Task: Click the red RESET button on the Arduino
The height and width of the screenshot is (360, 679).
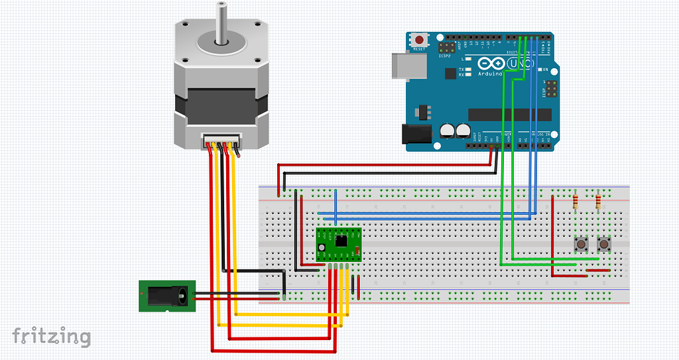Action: point(419,40)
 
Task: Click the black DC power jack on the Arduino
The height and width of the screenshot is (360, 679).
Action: point(418,134)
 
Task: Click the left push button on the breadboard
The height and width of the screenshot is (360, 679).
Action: point(582,245)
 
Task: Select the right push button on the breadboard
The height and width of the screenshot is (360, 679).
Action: point(604,245)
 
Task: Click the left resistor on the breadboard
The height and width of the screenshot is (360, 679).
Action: point(575,201)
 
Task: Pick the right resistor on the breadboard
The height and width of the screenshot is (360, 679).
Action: point(599,200)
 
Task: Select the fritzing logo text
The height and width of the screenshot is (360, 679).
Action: point(51,336)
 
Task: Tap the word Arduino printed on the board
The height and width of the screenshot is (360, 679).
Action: point(490,74)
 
